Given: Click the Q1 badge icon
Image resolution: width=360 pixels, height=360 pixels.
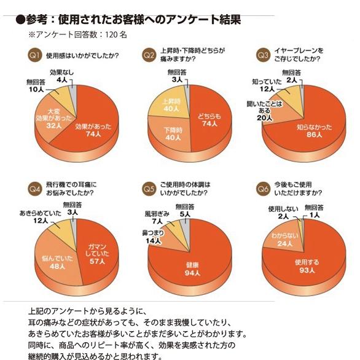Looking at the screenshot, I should pyautogui.click(x=35, y=56).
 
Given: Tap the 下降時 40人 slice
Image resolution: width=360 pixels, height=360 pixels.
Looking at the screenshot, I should pyautogui.click(x=171, y=135).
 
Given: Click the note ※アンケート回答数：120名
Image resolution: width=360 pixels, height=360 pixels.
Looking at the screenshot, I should pyautogui.click(x=77, y=35).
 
